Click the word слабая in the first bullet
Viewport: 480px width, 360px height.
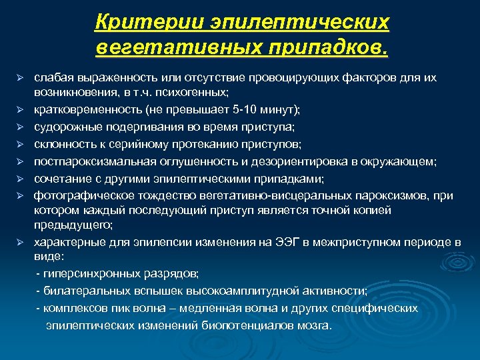pyautogui.click(x=51, y=78)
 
